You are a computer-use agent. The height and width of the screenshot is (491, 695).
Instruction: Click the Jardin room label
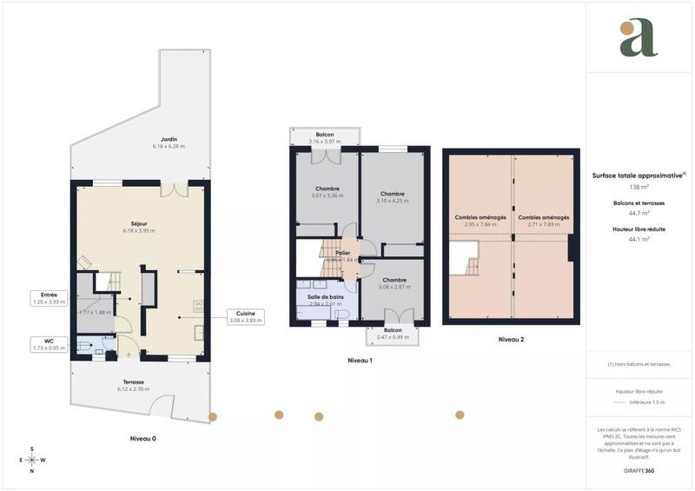coord(170,142)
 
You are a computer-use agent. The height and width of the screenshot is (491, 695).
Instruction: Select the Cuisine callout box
coord(245,315)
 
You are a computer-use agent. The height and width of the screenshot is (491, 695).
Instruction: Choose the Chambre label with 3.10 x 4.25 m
coord(393,197)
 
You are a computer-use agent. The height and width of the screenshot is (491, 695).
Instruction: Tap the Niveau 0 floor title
coord(137,439)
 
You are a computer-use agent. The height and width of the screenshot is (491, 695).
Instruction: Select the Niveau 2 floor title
coord(510,340)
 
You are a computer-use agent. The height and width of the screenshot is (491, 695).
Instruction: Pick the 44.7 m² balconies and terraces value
coord(639,213)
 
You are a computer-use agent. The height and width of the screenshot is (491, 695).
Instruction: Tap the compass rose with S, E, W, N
coord(32,460)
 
